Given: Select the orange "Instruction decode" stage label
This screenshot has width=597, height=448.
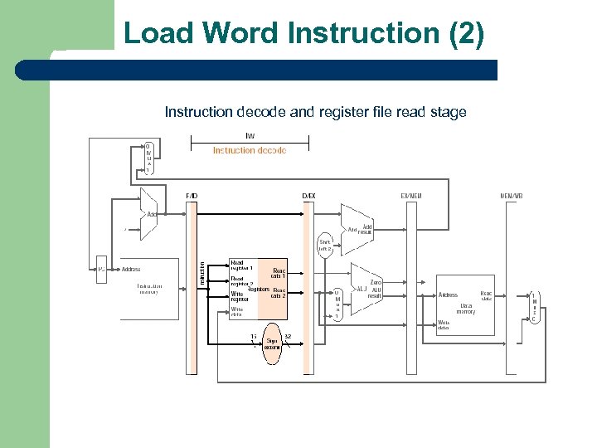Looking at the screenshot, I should pyautogui.click(x=249, y=150).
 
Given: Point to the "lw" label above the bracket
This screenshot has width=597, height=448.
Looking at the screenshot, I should pyautogui.click(x=250, y=135).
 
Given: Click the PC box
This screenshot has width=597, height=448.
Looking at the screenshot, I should pyautogui.click(x=101, y=270).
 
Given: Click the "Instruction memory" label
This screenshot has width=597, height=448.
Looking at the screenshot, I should pyautogui.click(x=149, y=289).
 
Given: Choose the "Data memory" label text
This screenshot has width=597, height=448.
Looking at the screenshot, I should pyautogui.click(x=466, y=309).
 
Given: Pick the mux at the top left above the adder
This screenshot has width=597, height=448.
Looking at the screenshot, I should pyautogui.click(x=148, y=158).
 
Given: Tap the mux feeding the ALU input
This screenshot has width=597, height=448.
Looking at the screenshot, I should pyautogui.click(x=337, y=304).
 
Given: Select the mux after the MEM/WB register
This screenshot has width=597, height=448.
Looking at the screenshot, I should pyautogui.click(x=534, y=307).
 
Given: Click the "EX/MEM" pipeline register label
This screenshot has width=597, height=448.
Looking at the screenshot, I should pyautogui.click(x=411, y=196).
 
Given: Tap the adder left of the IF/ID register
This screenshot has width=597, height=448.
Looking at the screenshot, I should pyautogui.click(x=148, y=213).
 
